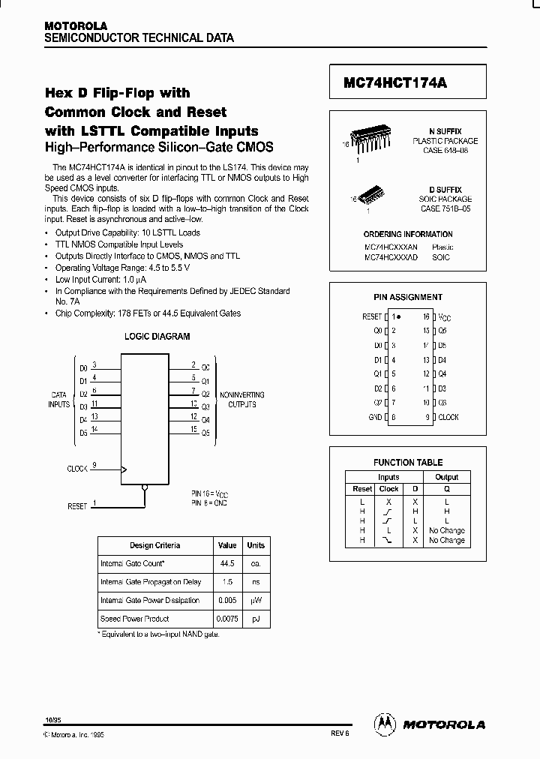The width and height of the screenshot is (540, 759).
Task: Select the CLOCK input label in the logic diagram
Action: tap(77, 468)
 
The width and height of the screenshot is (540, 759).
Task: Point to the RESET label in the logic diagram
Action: tap(77, 506)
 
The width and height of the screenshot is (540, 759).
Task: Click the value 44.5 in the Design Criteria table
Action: tap(226, 562)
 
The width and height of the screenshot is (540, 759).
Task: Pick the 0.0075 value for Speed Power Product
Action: tap(226, 619)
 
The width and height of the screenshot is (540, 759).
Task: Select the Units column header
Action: tap(256, 545)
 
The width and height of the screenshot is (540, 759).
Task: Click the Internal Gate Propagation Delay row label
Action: tap(150, 581)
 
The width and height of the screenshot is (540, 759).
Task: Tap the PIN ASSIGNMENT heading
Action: tap(407, 298)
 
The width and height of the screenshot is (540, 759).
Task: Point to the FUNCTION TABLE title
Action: tap(408, 463)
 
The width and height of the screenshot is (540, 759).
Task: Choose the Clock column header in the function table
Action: tap(388, 489)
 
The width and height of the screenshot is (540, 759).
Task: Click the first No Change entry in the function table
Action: tap(447, 530)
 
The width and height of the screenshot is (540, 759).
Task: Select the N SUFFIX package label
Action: tap(445, 131)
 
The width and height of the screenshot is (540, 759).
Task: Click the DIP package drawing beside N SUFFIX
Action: tap(373, 136)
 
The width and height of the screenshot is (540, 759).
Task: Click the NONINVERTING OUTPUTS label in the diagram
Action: tap(237, 399)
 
